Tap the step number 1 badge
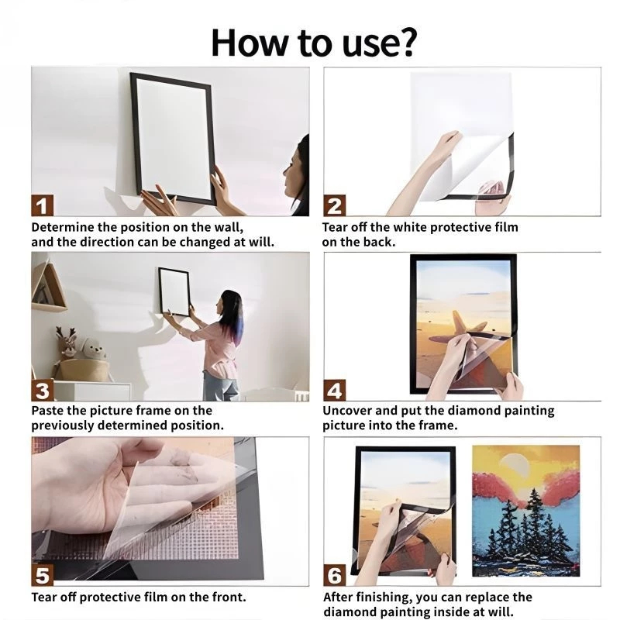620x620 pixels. coord(43,205)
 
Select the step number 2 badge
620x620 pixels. coord(335,205)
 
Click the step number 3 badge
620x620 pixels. coord(43,391)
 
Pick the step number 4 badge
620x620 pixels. coord(335,391)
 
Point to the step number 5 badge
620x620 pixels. coord(43,575)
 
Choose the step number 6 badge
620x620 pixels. coord(335,575)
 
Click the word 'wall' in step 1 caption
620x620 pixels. coord(228,227)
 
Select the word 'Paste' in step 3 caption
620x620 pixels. coord(47,411)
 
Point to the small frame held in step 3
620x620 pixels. coord(174,291)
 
